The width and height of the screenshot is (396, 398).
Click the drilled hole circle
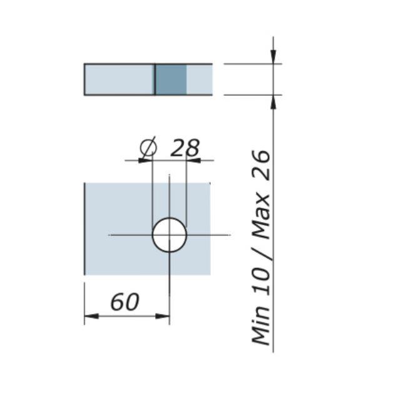(153, 235)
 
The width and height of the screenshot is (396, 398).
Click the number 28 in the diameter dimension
(185, 148)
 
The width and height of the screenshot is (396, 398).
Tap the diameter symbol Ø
(148, 148)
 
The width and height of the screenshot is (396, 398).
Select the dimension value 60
(125, 302)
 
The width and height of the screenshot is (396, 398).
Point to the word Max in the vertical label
(261, 215)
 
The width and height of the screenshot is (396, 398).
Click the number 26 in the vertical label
(261, 165)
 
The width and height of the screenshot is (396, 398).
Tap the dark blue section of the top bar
(171, 79)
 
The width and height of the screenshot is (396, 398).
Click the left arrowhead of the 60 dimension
(91, 316)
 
